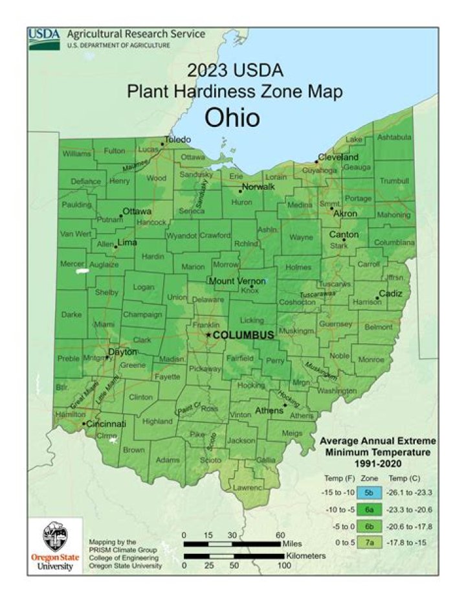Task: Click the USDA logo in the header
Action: click(x=44, y=39)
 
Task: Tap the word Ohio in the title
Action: click(x=232, y=118)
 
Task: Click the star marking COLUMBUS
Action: click(x=208, y=335)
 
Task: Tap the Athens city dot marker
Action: click(x=285, y=405)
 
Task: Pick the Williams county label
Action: click(x=76, y=154)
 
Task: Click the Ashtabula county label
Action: click(x=394, y=137)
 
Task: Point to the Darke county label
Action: click(x=71, y=315)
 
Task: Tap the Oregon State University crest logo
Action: click(x=54, y=537)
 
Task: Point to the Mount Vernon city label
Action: click(x=236, y=281)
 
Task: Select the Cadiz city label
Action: click(x=390, y=293)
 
